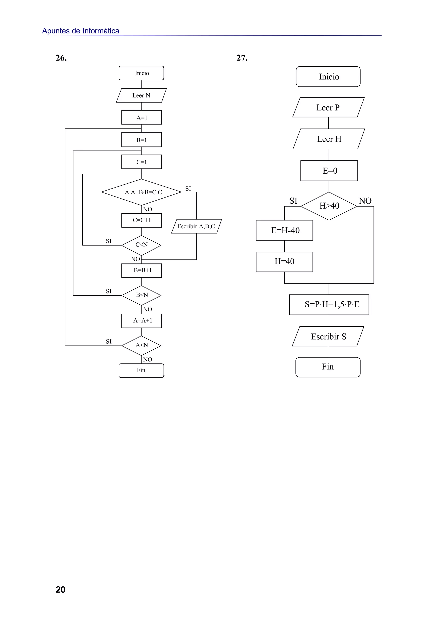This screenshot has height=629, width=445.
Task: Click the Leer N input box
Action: coord(141,95)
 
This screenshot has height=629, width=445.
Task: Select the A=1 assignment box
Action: coord(141,117)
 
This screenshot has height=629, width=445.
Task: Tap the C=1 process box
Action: coord(141,162)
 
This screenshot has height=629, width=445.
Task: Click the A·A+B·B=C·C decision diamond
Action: coord(141,192)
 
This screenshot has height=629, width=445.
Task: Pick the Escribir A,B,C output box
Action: coord(196,226)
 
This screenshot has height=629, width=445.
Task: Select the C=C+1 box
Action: coord(141,220)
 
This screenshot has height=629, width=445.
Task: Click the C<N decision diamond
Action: coord(141,245)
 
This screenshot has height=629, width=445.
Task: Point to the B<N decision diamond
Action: coord(141,295)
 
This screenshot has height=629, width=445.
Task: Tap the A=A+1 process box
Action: coord(141,321)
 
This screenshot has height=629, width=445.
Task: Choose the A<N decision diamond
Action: coord(141,345)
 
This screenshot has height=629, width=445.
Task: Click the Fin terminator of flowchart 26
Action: coord(141,370)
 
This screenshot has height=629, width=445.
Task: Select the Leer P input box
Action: coord(328,107)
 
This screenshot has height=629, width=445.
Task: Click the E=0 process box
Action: coord(329,171)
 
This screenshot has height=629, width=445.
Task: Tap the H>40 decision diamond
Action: coord(329,206)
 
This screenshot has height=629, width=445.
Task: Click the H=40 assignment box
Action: coord(285,262)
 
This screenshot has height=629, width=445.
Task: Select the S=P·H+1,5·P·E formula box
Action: coord(329,304)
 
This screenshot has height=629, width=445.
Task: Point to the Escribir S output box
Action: coord(328,336)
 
